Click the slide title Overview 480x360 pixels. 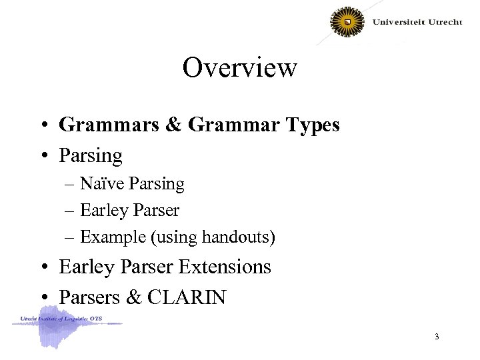coord(239,67)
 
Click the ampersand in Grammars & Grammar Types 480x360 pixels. coord(176,125)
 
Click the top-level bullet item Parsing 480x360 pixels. coord(91,156)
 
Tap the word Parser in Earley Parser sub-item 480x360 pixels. coord(157,211)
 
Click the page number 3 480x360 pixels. coord(437,337)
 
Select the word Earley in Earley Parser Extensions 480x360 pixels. coord(87,267)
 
